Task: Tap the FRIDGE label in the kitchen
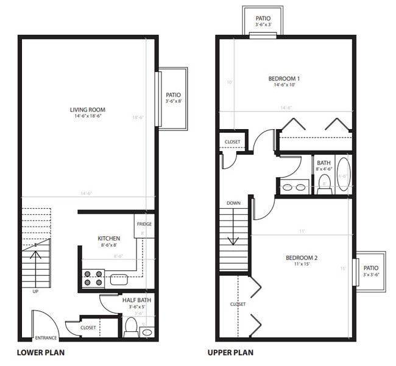click(x=144, y=224)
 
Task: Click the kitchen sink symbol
click(x=119, y=280)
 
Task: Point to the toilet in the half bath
click(x=130, y=328)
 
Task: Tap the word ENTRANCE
click(x=46, y=337)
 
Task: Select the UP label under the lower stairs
click(x=35, y=291)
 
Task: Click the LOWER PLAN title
click(x=40, y=353)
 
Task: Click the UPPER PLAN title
click(x=230, y=353)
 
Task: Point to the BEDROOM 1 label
click(x=284, y=79)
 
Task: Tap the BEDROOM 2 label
click(x=302, y=258)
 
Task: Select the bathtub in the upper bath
click(x=343, y=175)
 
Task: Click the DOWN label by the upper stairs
click(x=233, y=203)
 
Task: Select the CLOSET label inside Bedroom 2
click(x=238, y=304)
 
